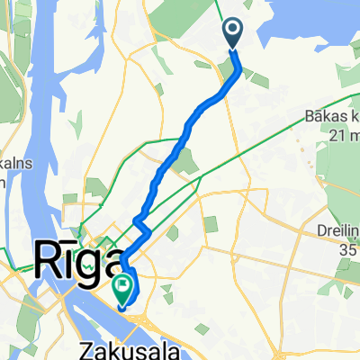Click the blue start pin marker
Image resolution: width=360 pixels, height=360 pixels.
pyautogui.click(x=232, y=34)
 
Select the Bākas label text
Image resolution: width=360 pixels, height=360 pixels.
pyautogui.click(x=332, y=119)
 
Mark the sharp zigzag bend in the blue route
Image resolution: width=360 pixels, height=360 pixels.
pyautogui.click(x=139, y=220)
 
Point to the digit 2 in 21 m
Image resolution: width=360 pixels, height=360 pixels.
pyautogui.click(x=334, y=134)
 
